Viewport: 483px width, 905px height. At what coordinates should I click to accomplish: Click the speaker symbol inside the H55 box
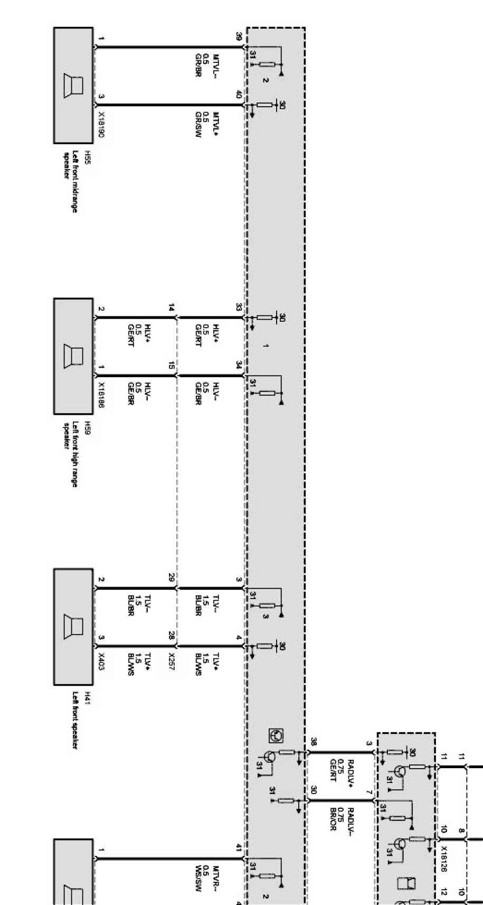[x=74, y=86]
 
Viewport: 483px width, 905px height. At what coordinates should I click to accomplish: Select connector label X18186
[x=101, y=395]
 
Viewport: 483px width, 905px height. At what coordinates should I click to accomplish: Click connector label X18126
[x=444, y=858]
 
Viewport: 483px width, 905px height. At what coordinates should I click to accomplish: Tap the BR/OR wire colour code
[x=333, y=819]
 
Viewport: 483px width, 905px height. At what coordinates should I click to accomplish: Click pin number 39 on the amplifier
[x=239, y=36]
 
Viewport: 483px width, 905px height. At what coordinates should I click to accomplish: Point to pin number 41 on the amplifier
[x=239, y=848]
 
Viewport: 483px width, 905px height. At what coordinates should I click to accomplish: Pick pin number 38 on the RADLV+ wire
[x=314, y=741]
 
